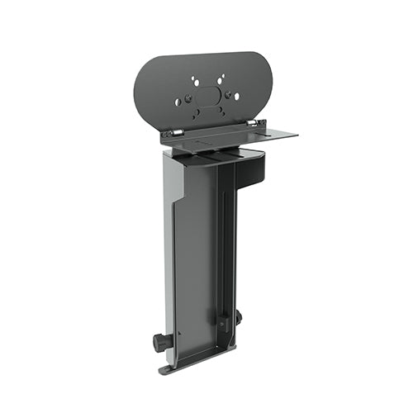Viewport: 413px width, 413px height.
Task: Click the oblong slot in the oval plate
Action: point(209,95)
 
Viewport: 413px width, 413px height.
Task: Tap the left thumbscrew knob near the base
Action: point(159,339)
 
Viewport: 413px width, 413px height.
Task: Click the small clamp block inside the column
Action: point(222,318)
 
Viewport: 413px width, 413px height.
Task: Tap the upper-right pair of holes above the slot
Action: point(221,79)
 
